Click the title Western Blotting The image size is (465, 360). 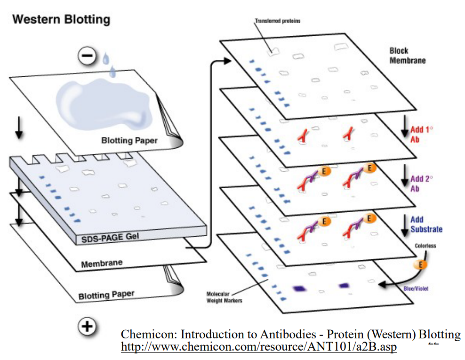point(61,19)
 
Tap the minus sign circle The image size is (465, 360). point(87,56)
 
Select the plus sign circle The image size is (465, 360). point(87,326)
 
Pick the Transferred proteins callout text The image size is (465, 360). point(277,21)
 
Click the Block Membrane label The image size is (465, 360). point(407,56)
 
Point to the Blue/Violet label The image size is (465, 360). point(417,288)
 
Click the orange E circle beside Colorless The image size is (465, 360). point(422,264)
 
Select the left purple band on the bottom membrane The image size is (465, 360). point(299,288)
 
